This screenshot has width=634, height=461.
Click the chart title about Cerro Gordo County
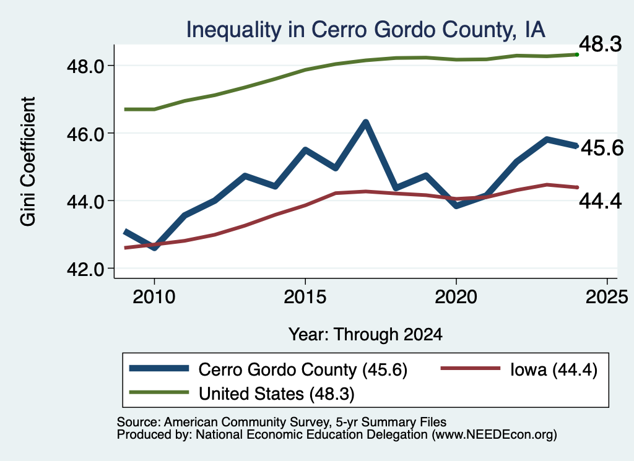365,30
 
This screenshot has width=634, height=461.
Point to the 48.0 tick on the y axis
85,66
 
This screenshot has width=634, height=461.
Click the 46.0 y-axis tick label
85,133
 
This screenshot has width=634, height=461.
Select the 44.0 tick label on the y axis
85,201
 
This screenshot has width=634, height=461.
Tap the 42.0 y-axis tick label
85,269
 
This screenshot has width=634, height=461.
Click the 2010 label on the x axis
154,297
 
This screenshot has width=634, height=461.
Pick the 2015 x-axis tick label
305,297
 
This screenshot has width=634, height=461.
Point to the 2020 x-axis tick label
456,297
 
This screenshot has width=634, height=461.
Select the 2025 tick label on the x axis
607,297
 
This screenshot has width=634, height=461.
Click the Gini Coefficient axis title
28,162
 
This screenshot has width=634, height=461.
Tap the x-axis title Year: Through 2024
365,335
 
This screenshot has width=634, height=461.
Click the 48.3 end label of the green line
600,44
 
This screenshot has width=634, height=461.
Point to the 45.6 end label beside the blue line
602,148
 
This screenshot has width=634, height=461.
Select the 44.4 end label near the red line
600,201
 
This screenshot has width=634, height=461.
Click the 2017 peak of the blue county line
365,123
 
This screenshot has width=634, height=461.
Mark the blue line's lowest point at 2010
154,248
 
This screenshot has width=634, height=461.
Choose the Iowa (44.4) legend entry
519,369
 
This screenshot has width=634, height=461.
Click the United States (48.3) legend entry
242,394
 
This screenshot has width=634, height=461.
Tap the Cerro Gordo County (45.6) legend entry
268,369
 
